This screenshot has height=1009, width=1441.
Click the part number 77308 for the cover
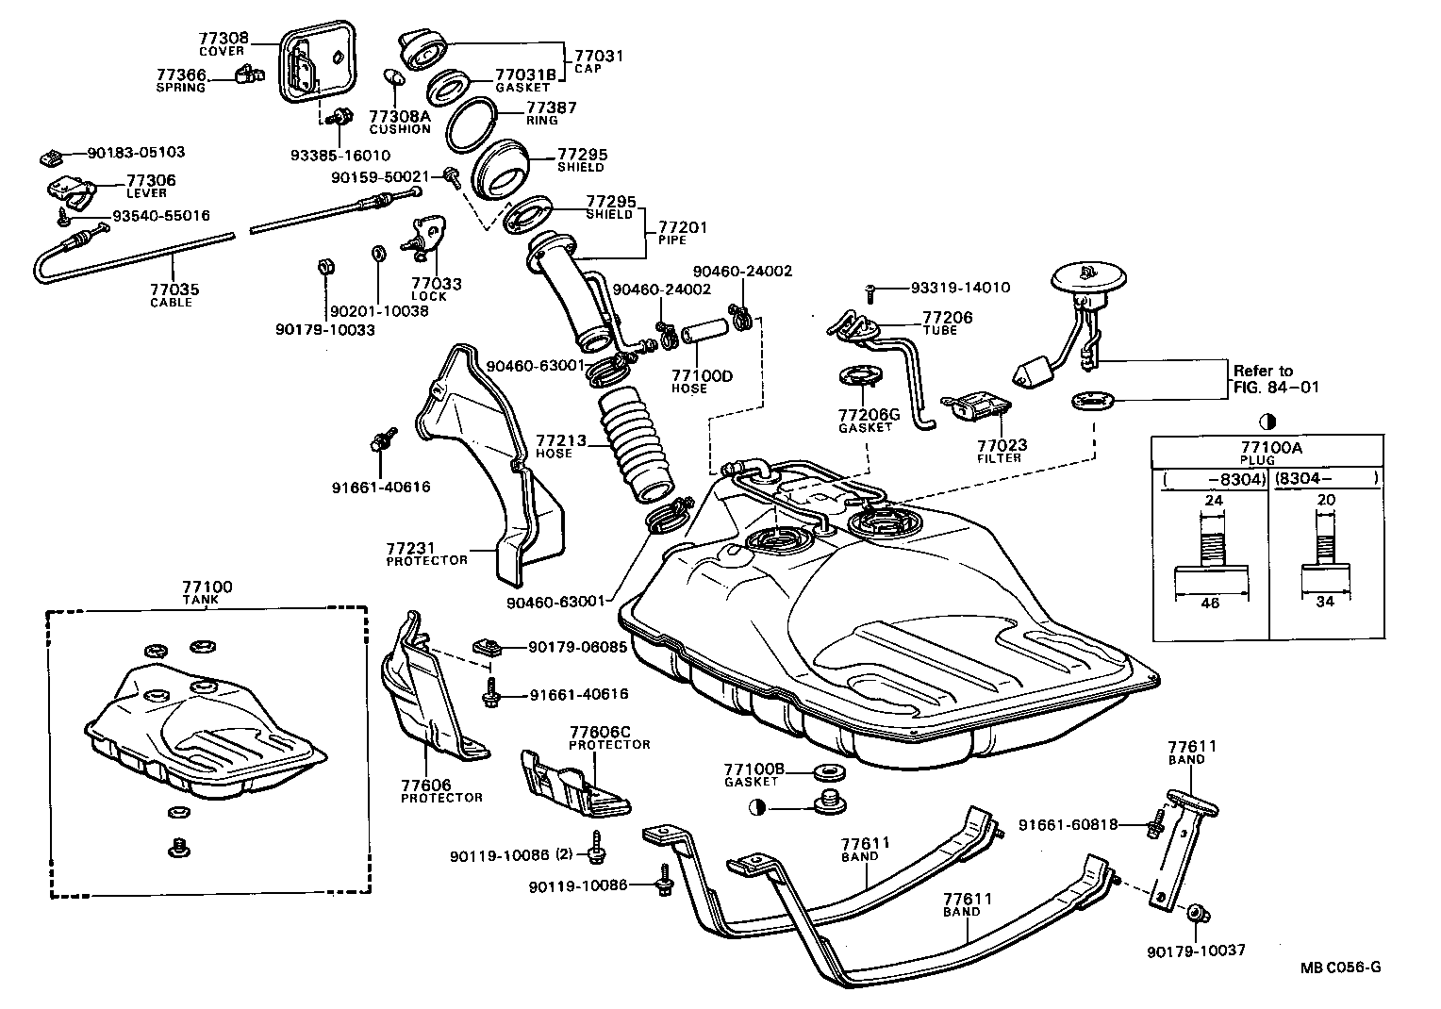(x=223, y=39)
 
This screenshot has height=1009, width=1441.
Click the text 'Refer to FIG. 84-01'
(x=1276, y=378)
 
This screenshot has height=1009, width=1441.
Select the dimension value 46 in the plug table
(x=1210, y=603)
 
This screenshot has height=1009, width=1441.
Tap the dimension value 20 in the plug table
(x=1325, y=500)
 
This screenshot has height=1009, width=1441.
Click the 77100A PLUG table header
(x=1269, y=452)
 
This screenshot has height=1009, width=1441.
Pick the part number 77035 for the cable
(x=174, y=289)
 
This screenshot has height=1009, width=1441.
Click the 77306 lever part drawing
(x=70, y=191)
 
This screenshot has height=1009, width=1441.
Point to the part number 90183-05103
(x=136, y=152)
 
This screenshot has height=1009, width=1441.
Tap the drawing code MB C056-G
(x=1341, y=967)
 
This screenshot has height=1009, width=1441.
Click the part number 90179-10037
(x=1197, y=950)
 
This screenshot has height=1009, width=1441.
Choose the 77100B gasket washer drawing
(x=829, y=774)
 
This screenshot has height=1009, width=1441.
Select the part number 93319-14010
(x=960, y=288)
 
